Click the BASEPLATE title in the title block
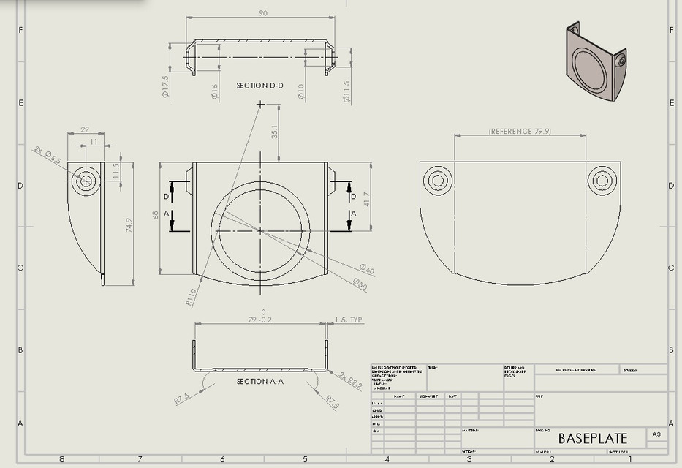pyautogui.click(x=592, y=439)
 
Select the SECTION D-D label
pyautogui.click(x=260, y=86)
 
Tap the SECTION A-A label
pyautogui.click(x=260, y=382)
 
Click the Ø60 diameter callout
pyautogui.click(x=366, y=271)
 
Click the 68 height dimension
pyautogui.click(x=156, y=215)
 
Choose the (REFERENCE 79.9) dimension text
pyautogui.click(x=520, y=132)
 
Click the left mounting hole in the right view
pyautogui.click(x=438, y=180)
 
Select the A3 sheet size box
pyautogui.click(x=656, y=434)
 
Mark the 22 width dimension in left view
pyautogui.click(x=85, y=129)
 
